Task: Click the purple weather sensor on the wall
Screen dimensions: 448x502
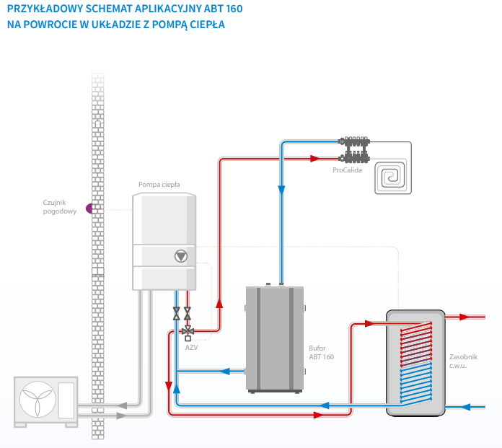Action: click(x=90, y=208)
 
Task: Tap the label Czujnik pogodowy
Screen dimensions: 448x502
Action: click(x=60, y=207)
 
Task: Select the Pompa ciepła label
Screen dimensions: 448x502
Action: click(x=159, y=185)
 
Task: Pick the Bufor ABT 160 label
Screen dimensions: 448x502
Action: click(x=321, y=352)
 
